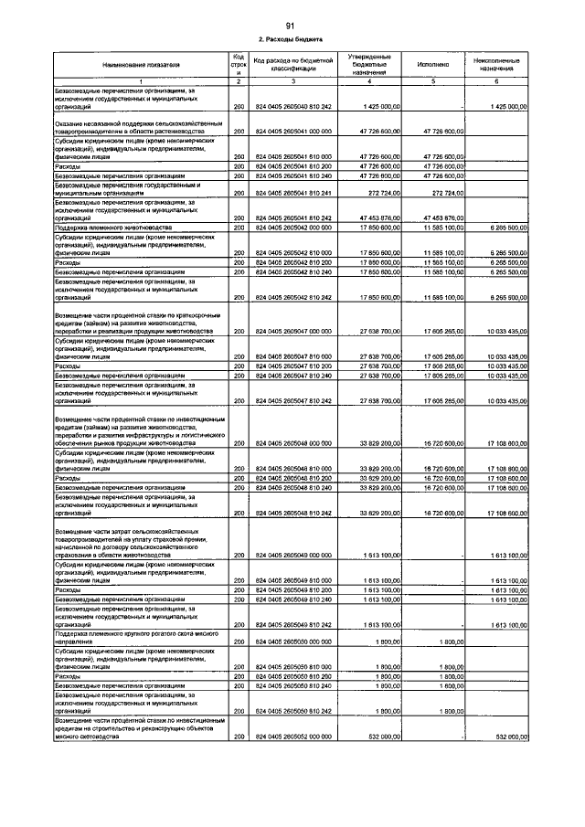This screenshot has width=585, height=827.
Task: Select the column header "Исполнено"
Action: [x=431, y=65]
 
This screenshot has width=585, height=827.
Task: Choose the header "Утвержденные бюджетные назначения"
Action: [x=369, y=65]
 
